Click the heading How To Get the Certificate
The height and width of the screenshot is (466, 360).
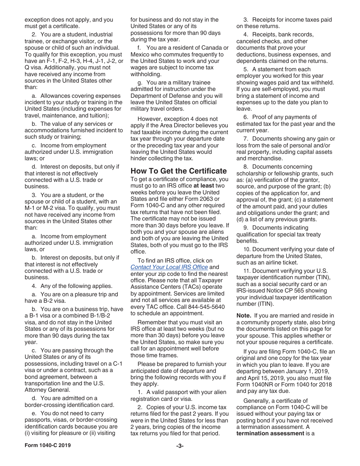[178, 170]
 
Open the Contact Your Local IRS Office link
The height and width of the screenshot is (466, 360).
[169, 267]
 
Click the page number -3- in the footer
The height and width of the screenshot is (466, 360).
[180, 446]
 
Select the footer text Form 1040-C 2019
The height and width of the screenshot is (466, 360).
[47, 445]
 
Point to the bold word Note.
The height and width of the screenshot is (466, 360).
[244, 316]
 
